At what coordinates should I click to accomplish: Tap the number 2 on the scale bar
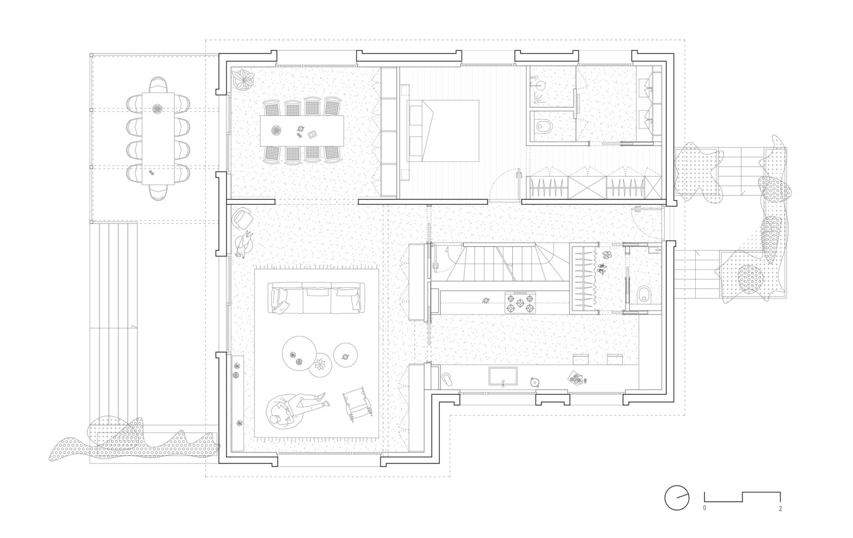(x=781, y=508)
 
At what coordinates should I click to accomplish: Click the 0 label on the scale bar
(x=704, y=508)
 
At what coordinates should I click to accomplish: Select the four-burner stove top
(x=520, y=303)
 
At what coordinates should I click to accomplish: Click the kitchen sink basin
(x=503, y=376)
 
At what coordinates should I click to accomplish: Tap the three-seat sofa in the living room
(x=316, y=298)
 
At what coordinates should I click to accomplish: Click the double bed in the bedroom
(x=443, y=131)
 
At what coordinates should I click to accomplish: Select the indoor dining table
(x=302, y=131)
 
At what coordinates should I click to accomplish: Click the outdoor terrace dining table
(x=158, y=139)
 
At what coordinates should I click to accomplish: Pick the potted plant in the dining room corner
(x=242, y=79)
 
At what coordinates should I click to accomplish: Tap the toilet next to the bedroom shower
(x=542, y=125)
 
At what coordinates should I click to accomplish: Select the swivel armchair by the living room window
(x=242, y=218)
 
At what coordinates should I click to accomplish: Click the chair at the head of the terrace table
(x=158, y=85)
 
